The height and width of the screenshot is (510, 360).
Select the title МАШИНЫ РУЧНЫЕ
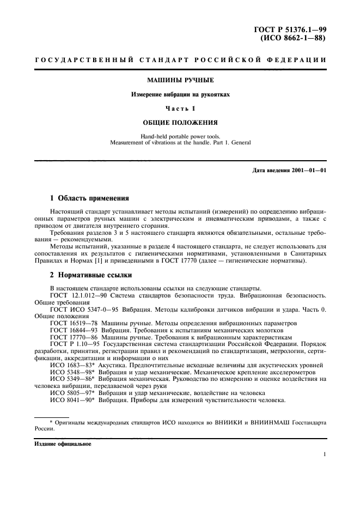tap(180, 81)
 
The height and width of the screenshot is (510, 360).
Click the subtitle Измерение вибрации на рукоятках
tap(180, 94)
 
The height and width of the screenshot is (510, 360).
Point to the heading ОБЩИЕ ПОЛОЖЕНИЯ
tap(180, 122)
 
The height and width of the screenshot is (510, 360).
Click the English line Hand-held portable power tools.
tap(180, 136)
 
